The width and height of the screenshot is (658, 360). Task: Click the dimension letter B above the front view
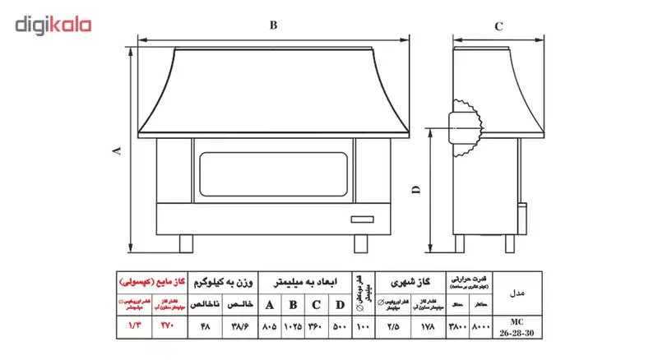coord(273,25)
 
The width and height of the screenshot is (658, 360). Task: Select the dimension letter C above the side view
coord(498,26)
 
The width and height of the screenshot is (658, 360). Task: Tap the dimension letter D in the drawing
coord(416,190)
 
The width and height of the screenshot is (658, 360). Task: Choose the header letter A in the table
coord(270,305)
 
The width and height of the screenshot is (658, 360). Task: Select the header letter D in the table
coord(340,305)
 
